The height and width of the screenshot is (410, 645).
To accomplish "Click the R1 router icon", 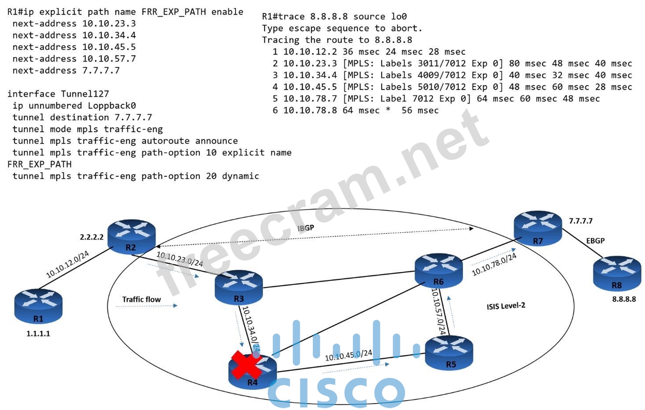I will coord(38,306).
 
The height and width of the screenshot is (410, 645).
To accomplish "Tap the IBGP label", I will coord(306,228).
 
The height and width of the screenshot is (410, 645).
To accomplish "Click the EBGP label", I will coord(595,241).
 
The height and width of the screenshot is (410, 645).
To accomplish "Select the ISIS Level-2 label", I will coord(506,306).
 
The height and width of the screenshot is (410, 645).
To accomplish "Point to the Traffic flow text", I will coord(141,299).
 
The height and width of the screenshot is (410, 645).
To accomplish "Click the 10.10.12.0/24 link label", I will coord(67,264).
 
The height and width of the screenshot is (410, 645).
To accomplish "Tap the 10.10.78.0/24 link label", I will coord(494,265).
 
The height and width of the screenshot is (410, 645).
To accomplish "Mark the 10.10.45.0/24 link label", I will coord(348,355).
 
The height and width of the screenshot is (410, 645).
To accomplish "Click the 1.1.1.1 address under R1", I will coord(38,334).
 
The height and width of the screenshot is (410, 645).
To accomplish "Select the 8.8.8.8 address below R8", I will coord(624,299).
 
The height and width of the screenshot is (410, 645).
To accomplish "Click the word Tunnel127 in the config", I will coord(85,94).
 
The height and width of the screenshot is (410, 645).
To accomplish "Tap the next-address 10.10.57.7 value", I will coord(109,59).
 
